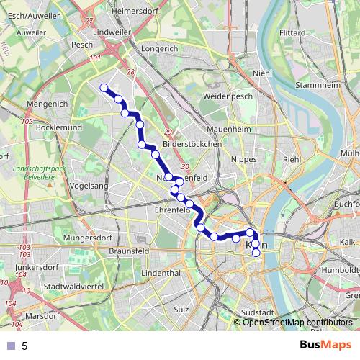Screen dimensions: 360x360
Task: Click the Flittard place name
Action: coord(292,32)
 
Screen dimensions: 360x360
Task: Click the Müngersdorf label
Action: coord(69,236)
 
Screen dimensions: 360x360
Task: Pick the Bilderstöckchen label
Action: coord(192,144)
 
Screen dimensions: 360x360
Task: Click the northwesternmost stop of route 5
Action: coord(104,88)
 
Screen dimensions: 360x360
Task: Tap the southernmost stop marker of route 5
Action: coord(256,252)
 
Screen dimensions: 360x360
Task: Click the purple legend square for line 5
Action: coord(11,346)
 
